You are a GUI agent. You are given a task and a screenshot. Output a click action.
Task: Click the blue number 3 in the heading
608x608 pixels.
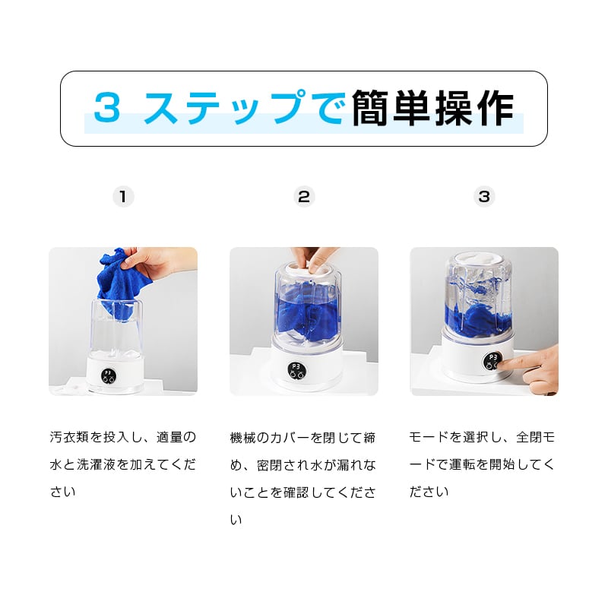tap(106, 107)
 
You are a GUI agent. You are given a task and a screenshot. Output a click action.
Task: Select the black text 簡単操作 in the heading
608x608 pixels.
tap(432, 108)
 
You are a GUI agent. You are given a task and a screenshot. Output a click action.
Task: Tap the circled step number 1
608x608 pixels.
tap(123, 197)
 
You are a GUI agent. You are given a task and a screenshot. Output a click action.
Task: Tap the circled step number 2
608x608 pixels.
tap(304, 197)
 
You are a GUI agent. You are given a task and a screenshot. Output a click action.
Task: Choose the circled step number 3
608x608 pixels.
tap(484, 197)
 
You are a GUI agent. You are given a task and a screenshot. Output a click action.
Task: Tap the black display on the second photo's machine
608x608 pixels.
tap(296, 369)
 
